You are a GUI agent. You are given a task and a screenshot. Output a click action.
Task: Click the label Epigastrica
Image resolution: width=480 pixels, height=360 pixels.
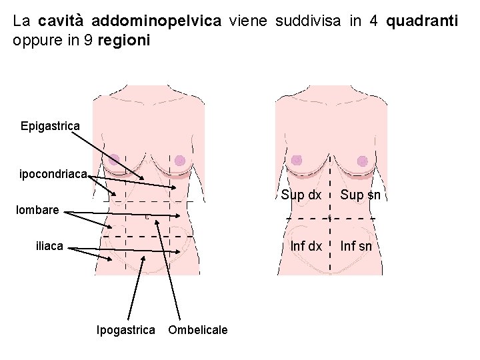tap(50, 125)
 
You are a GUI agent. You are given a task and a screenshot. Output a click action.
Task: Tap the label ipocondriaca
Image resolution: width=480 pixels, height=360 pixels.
tap(53, 174)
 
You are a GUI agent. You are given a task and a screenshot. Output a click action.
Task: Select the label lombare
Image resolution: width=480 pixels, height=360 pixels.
tap(37, 211)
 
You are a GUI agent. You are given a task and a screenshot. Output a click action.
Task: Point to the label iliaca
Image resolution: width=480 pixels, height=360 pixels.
tap(49, 246)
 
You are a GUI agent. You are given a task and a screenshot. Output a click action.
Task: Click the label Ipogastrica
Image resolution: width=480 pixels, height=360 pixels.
tap(126, 329)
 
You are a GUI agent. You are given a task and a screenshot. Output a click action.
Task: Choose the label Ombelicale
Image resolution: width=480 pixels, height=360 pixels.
tap(198, 329)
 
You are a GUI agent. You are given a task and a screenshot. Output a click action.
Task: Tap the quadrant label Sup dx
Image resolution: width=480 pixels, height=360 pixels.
tap(301, 195)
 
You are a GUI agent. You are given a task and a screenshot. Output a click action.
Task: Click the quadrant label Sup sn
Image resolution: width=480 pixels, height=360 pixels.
tap(365, 195)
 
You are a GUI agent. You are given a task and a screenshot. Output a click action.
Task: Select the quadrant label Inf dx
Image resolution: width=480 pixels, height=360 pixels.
tap(306, 246)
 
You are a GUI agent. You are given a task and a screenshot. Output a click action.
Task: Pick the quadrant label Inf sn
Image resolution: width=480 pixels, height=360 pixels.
tap(356, 246)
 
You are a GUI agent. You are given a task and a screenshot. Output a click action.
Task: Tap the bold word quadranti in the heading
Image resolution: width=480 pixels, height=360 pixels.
tap(422, 21)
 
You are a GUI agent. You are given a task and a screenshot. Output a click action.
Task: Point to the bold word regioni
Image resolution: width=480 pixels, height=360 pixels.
tap(124, 41)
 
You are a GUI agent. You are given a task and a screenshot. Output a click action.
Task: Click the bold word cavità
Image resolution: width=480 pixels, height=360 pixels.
tap(56, 21)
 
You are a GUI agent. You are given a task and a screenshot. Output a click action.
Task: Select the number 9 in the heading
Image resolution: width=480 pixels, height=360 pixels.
tap(89, 41)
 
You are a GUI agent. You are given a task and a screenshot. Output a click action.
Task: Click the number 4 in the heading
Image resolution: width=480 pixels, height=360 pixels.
tap(375, 21)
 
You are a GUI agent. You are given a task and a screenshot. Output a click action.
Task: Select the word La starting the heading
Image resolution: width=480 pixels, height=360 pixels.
tap(20, 21)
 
